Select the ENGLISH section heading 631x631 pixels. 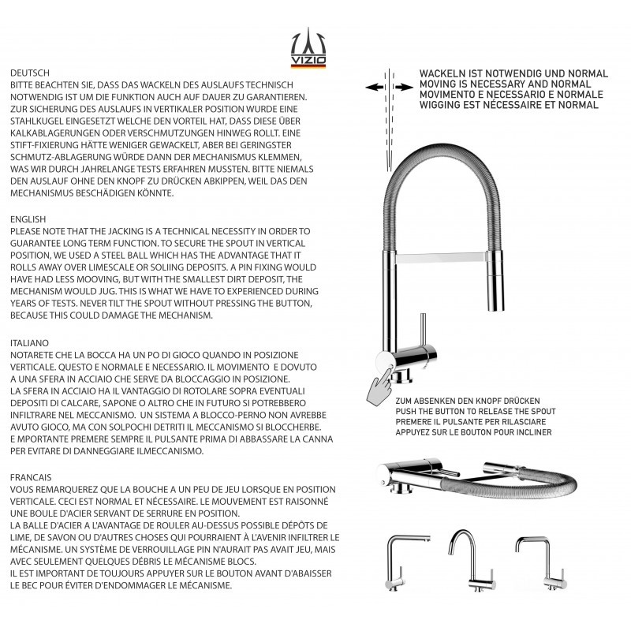28,219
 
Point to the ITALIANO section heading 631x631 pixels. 30,343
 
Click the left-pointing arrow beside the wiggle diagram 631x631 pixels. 373,88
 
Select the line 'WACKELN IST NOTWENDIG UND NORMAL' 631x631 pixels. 513,73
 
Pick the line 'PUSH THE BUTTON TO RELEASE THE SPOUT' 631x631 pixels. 476,412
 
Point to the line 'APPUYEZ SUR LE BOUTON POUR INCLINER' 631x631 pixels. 474,432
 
